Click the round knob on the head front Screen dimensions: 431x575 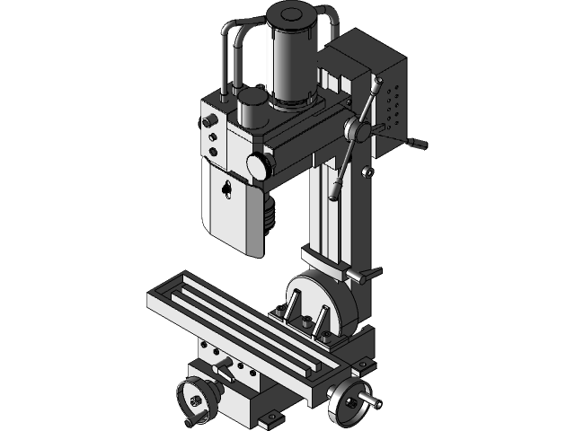coord(258,165)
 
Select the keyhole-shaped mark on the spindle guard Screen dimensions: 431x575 coord(228,189)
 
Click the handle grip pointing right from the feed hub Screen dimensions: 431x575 coord(416,143)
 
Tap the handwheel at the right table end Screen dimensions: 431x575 coord(347,400)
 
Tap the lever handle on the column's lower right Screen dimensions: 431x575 coord(368,272)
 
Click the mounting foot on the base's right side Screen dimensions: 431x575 coord(363,364)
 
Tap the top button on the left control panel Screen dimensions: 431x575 coord(210,120)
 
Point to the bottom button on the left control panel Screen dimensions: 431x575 coord(214,152)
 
